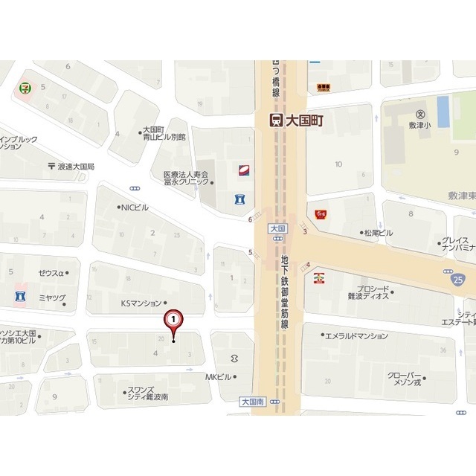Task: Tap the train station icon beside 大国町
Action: coord(275,120)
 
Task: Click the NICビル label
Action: coord(135,208)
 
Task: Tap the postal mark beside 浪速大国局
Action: coord(51,167)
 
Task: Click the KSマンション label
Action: coord(141,303)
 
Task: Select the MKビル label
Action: coord(219,377)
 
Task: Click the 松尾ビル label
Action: coord(379,233)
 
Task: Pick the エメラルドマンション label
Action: coord(358,336)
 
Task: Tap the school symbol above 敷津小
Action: coord(420,115)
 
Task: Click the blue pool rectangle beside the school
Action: coord(443,111)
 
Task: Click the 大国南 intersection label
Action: coord(253,401)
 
